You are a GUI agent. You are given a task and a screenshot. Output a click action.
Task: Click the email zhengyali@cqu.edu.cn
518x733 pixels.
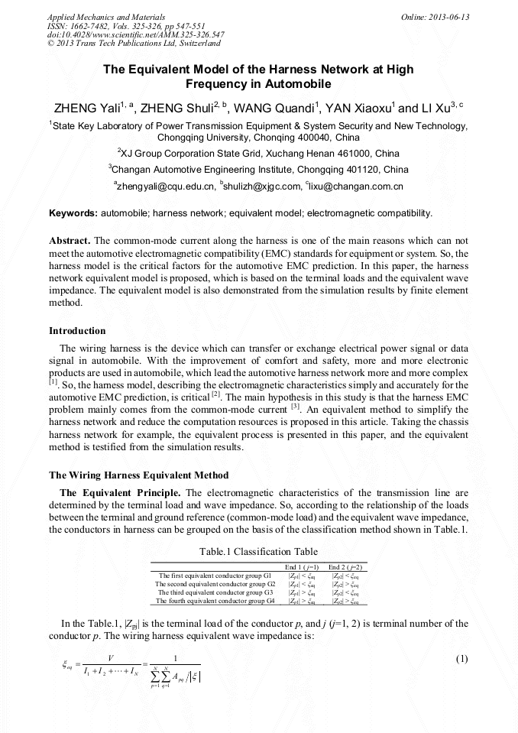pos(163,186)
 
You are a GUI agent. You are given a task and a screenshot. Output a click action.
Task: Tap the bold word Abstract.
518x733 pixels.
pos(70,239)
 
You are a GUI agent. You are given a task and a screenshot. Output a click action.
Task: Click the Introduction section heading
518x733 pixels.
pos(77,331)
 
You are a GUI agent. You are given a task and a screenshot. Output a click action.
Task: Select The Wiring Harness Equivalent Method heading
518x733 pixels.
pos(138,475)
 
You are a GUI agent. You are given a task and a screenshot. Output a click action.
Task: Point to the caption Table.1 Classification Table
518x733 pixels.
pos(258,551)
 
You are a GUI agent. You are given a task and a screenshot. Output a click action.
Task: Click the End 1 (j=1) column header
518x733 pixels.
pos(303,567)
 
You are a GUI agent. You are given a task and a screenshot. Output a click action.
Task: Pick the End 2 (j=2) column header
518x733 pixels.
pos(345,567)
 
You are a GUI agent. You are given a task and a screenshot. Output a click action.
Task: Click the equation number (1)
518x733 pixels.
pos(461,659)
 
